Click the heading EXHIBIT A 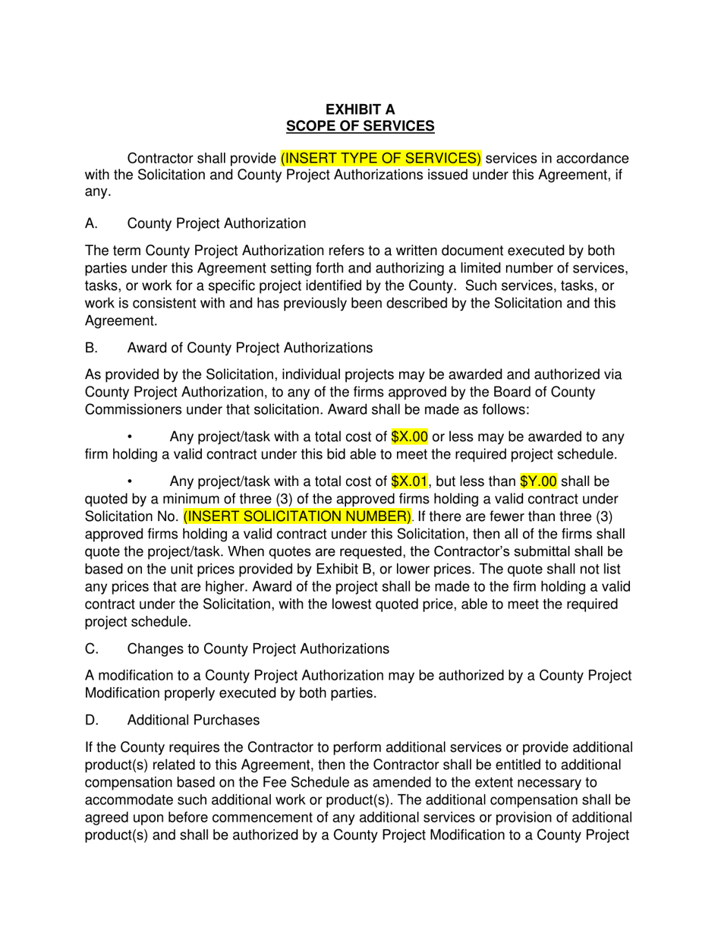pos(360,109)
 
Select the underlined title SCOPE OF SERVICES pos(360,126)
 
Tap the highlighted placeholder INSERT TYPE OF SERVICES pos(381,159)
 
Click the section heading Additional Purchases pos(194,720)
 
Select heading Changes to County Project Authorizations pos(258,648)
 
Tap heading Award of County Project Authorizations pos(250,348)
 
